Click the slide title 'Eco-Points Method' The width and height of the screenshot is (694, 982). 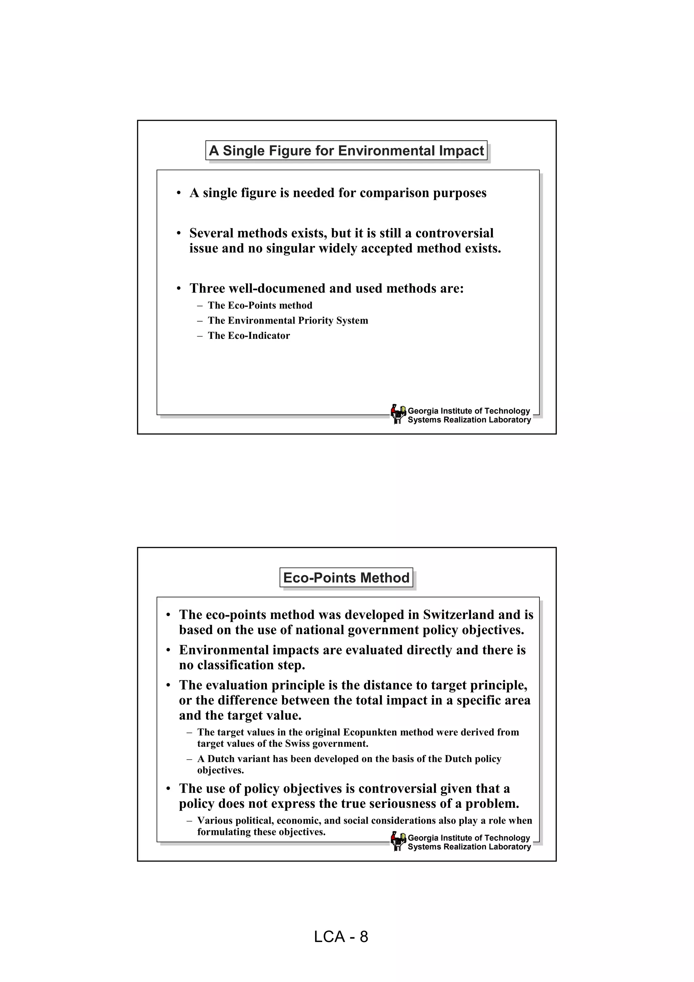click(x=346, y=578)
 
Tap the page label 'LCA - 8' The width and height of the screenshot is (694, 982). click(x=341, y=937)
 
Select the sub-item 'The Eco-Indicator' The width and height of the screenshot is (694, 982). click(x=248, y=336)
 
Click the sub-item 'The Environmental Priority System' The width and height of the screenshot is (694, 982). click(x=287, y=321)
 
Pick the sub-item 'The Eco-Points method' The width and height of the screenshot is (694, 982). click(x=260, y=305)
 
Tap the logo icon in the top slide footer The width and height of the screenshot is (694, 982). click(x=398, y=414)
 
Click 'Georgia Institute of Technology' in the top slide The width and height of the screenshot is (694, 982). click(x=469, y=411)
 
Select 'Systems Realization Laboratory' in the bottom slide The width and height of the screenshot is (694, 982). click(x=469, y=847)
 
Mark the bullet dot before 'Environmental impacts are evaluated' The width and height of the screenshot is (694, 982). click(x=168, y=650)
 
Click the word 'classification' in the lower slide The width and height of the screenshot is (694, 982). click(x=232, y=665)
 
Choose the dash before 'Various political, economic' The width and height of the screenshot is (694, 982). click(x=189, y=821)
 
